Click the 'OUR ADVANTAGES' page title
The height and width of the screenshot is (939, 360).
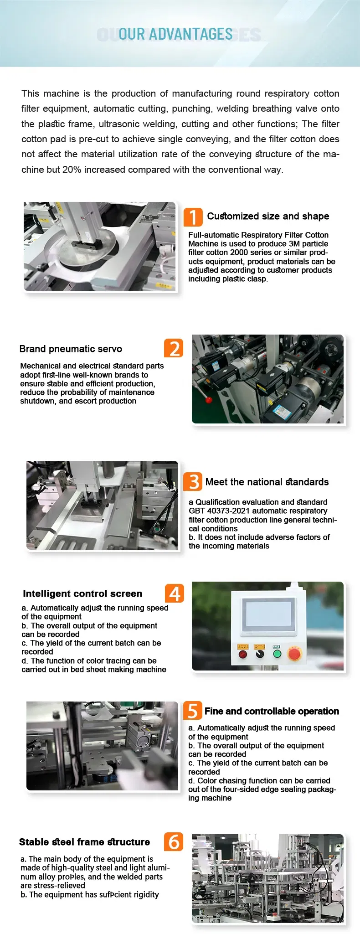(x=176, y=34)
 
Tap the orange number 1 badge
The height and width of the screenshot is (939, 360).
(x=193, y=217)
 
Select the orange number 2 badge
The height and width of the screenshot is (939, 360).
(x=174, y=348)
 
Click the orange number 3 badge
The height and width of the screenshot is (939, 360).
(x=193, y=481)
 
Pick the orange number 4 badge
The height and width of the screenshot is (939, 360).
(x=175, y=593)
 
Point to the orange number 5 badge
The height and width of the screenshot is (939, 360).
(x=193, y=710)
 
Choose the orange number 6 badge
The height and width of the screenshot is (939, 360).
(x=174, y=841)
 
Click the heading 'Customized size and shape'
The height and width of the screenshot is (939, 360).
(x=268, y=216)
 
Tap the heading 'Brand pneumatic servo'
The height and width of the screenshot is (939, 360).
(x=71, y=349)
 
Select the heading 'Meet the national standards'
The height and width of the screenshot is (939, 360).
(x=267, y=482)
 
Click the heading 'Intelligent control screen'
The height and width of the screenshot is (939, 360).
(x=82, y=593)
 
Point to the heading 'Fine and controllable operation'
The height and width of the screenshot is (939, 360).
(x=272, y=711)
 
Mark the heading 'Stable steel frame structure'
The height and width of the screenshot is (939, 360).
(x=84, y=842)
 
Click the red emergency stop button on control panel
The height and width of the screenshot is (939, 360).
(x=294, y=654)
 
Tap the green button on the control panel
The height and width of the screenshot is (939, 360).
(x=277, y=654)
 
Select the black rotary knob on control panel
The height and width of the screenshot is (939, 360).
(x=260, y=654)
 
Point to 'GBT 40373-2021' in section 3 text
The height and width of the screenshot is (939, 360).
(x=216, y=511)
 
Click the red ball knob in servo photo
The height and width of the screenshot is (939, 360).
(x=209, y=400)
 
